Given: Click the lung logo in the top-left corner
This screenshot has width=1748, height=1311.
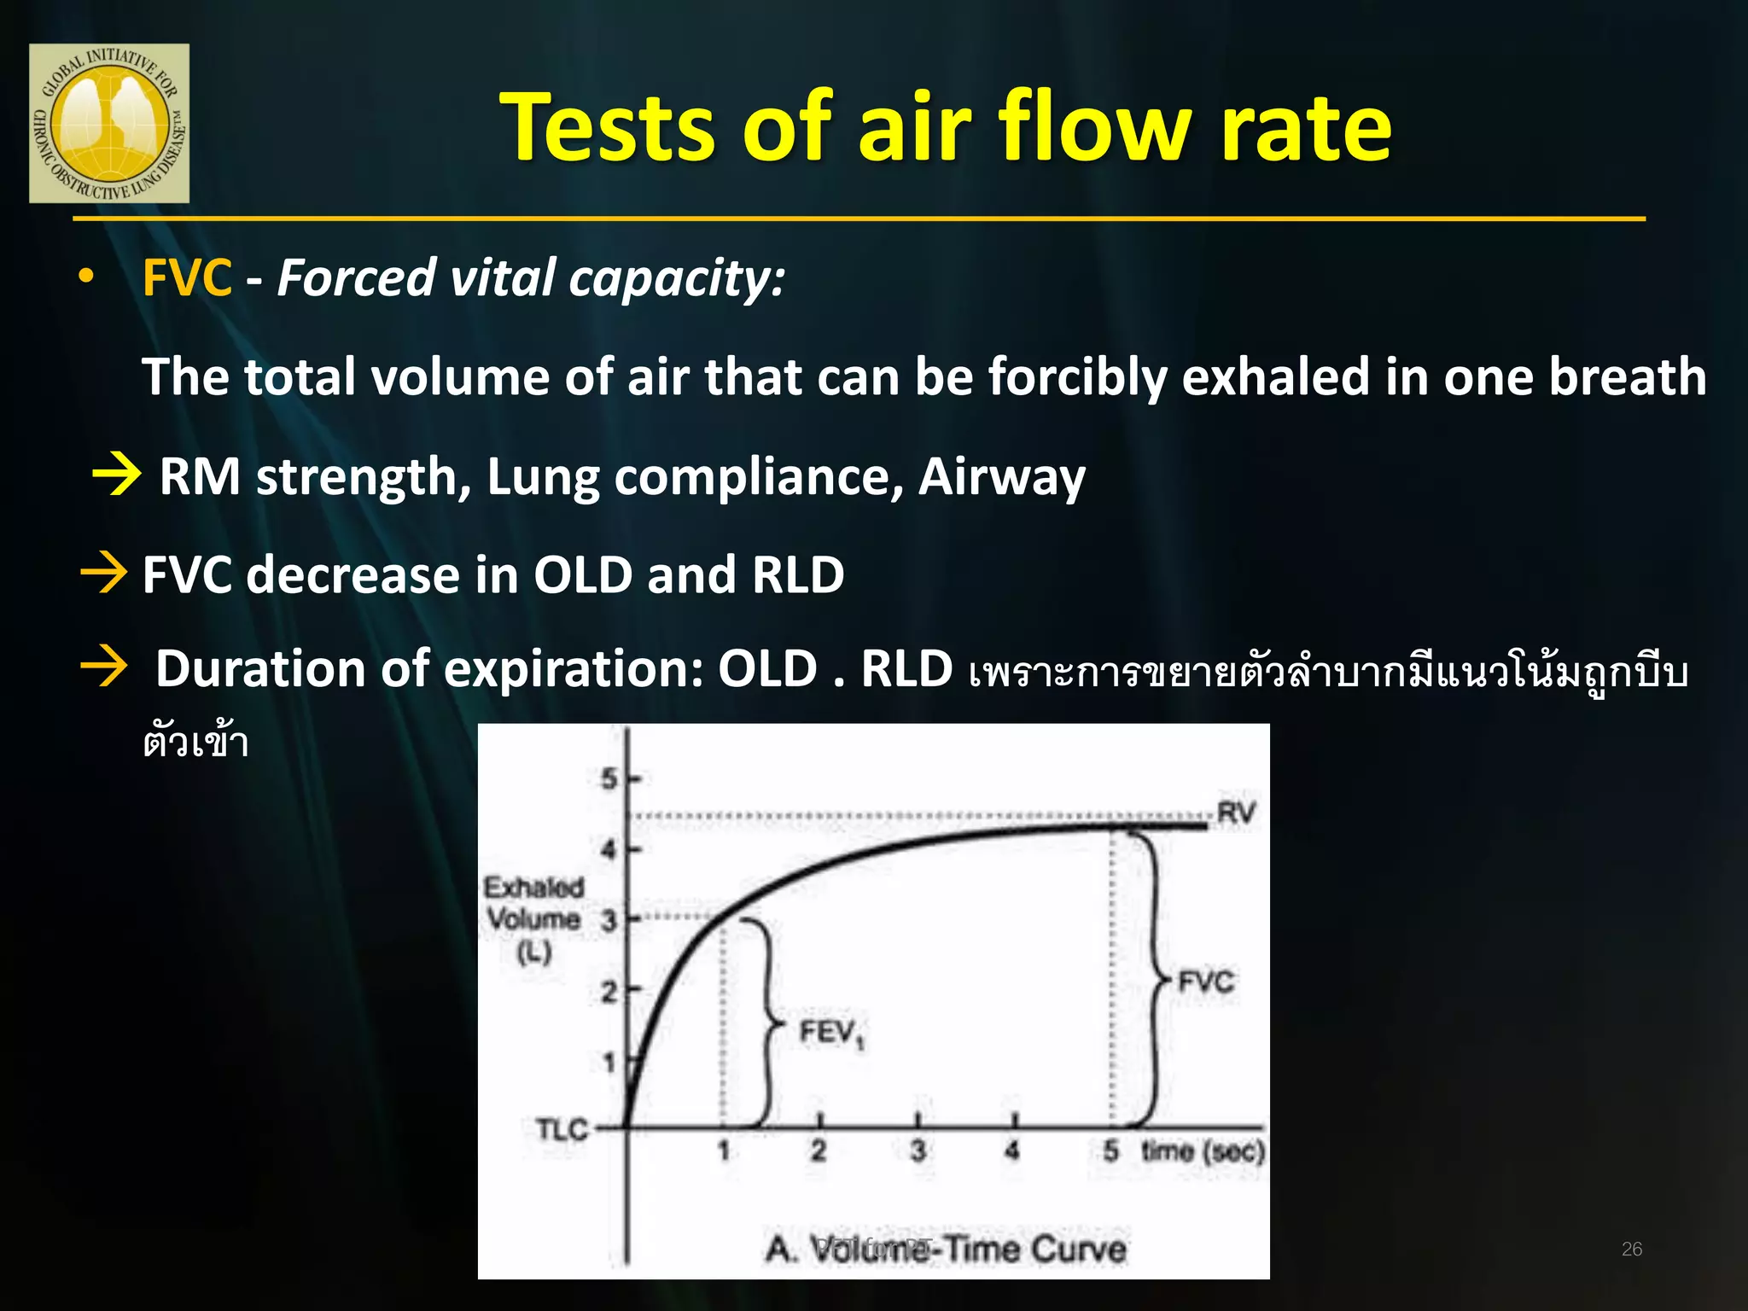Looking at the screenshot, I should pos(109,123).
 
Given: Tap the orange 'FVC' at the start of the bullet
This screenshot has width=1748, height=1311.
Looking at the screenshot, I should pos(186,278).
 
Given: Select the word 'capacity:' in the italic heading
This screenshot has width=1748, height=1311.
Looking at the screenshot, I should pos(677,278).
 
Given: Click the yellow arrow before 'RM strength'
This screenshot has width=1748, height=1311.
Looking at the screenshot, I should pos(117,475).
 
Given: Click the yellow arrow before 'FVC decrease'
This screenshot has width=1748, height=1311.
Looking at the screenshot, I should pos(104,573).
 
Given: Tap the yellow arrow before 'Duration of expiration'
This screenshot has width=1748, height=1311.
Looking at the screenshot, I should pos(104,667).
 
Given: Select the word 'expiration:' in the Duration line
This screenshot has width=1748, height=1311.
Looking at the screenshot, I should pos(574,668).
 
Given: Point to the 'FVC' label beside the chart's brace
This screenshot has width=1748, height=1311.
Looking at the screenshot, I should pos(1205,982).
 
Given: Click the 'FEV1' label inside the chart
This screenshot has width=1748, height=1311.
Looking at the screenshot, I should pos(830,1034).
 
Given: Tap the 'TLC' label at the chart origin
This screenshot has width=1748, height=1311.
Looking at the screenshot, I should pos(562,1130).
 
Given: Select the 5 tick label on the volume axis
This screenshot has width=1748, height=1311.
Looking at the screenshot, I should pos(609,778).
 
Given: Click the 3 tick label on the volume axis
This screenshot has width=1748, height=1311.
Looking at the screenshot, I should pos(609,921).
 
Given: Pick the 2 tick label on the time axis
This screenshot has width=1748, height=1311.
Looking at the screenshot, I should pos(819,1151).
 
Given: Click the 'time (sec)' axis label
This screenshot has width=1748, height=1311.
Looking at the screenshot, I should pos(1203,1151).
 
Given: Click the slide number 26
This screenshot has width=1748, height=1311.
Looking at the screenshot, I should pos(1631,1250).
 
